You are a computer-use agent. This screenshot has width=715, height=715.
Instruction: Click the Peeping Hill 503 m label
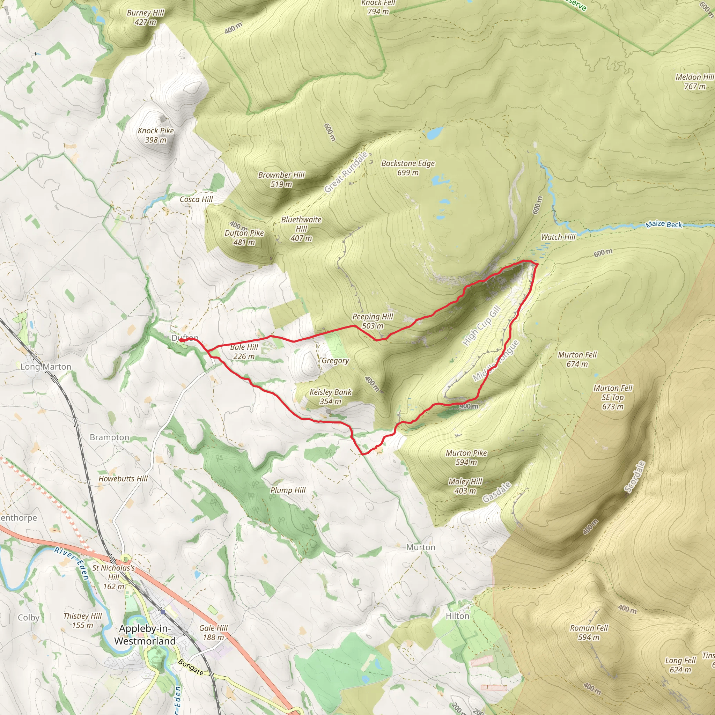tap(372, 321)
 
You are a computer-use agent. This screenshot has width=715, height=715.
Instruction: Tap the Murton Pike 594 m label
tap(466, 457)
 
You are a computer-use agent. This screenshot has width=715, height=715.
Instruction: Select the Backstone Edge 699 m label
tap(408, 168)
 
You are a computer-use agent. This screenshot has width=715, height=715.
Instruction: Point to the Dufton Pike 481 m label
tap(244, 237)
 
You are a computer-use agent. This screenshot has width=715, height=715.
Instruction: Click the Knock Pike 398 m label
tap(155, 135)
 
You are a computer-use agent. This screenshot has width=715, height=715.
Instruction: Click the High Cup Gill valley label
tap(481, 326)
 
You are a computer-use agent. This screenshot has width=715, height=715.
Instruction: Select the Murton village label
tap(420, 547)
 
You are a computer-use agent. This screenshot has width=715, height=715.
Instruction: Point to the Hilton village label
tap(457, 616)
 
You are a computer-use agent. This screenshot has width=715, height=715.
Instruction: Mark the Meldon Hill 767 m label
tap(694, 81)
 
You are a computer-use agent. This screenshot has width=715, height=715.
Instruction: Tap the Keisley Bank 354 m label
tap(331, 396)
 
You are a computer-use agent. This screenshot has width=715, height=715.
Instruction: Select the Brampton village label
tap(109, 437)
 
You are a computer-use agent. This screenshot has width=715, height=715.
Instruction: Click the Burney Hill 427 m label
tap(146, 17)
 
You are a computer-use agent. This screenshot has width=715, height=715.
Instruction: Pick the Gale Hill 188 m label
tap(213, 633)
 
